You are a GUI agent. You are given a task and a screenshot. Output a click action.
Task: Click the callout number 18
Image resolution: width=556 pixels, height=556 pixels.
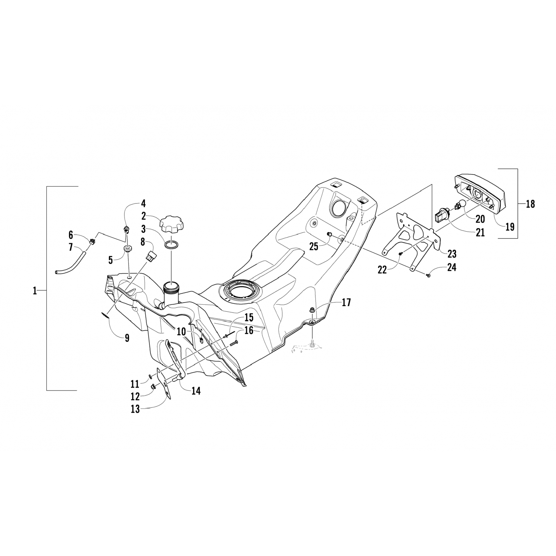pos(530,204)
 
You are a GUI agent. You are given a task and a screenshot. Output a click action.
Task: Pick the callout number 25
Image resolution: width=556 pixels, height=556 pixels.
pos(314,246)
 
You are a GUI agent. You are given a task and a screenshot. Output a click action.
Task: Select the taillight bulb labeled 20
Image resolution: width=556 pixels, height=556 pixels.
pos(461,203)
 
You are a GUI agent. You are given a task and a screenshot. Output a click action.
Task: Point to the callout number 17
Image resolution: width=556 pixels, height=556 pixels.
pos(346,302)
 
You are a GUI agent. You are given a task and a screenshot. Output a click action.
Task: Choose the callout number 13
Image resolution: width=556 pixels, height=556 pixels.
pos(135,409)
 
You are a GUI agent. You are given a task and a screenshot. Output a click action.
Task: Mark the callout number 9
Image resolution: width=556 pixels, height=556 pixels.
pos(127,338)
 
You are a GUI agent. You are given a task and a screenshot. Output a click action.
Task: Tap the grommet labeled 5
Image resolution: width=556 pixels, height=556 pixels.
pos(128,249)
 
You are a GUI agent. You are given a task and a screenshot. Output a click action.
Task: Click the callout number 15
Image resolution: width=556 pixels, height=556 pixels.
pos(249,317)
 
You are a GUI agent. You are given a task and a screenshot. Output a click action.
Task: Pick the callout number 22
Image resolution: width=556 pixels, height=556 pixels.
pos(382,269)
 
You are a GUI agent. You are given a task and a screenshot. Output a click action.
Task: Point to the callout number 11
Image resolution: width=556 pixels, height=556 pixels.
pos(135,383)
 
